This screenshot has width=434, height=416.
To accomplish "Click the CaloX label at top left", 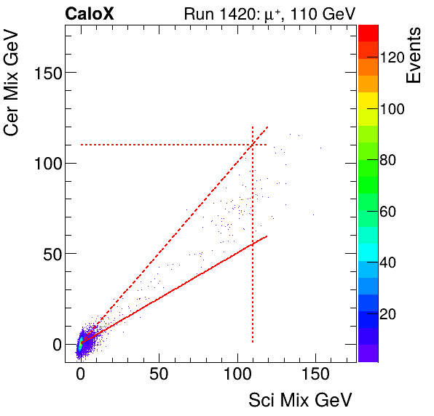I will coord(89,13).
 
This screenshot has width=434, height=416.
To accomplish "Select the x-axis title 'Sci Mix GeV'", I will coord(301,399).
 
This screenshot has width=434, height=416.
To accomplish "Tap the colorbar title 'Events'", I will coord(414,56).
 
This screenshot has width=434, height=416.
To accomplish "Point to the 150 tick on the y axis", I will coord(45,73).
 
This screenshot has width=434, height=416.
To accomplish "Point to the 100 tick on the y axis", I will coord(45,163).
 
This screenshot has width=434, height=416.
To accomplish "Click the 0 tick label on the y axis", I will coord(54,344).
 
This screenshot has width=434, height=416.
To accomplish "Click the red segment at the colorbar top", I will coord(368,31).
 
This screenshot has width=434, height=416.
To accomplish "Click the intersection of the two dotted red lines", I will coord(252,145).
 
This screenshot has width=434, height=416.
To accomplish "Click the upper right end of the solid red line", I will coord(267,236).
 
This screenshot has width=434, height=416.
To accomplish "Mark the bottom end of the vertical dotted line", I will coord(252,343).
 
